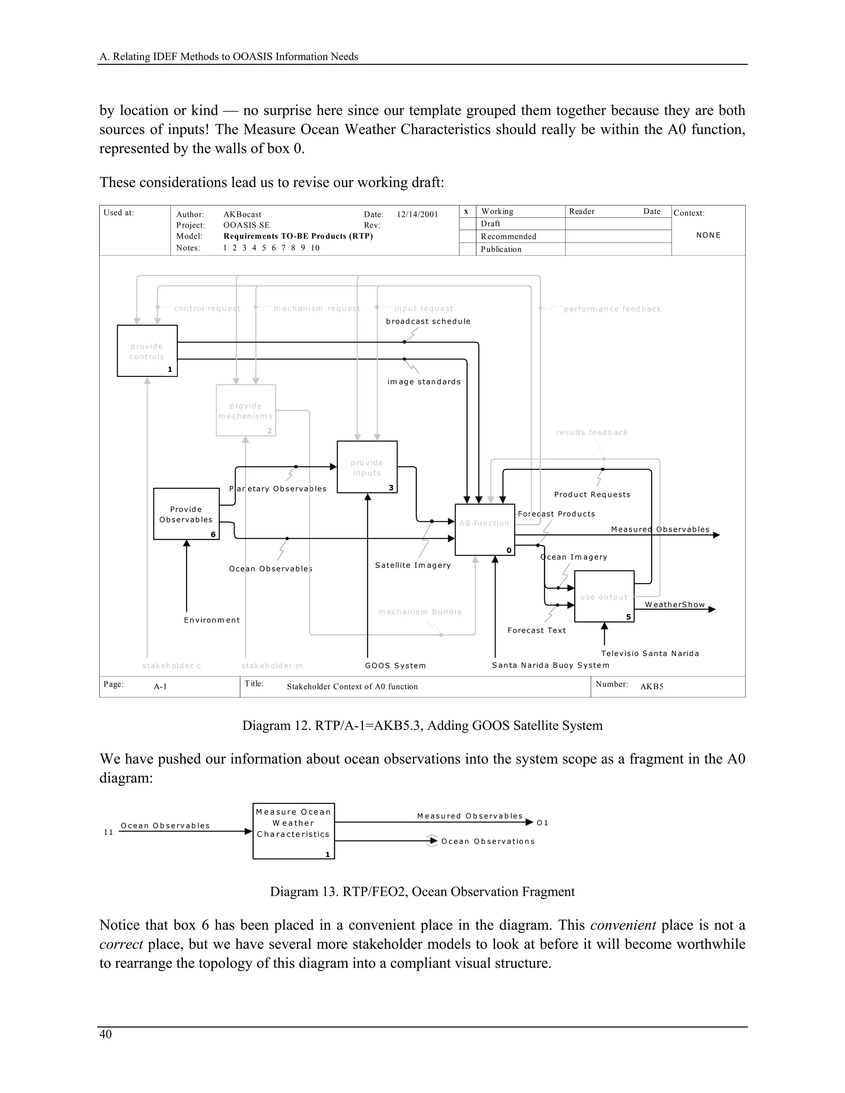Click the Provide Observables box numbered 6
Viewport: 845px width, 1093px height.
tap(186, 514)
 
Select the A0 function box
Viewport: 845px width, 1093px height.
tap(484, 530)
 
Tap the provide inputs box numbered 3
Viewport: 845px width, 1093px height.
tap(367, 467)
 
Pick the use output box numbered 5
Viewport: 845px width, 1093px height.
tap(604, 596)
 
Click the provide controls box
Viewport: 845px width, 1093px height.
tap(147, 351)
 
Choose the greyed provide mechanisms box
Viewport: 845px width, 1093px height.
tap(246, 410)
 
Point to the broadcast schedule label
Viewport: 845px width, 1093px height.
tap(428, 321)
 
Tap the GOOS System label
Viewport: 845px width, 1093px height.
tap(395, 666)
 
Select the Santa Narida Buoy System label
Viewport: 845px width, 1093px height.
tap(551, 665)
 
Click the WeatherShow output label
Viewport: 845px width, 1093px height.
tap(675, 605)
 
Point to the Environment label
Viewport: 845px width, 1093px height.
tap(212, 620)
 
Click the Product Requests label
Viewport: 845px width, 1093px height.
tap(592, 495)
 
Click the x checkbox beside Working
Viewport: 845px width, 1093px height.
tap(467, 212)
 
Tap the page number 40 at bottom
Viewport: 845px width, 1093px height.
tap(106, 1034)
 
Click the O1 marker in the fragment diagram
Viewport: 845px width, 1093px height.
tap(543, 823)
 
